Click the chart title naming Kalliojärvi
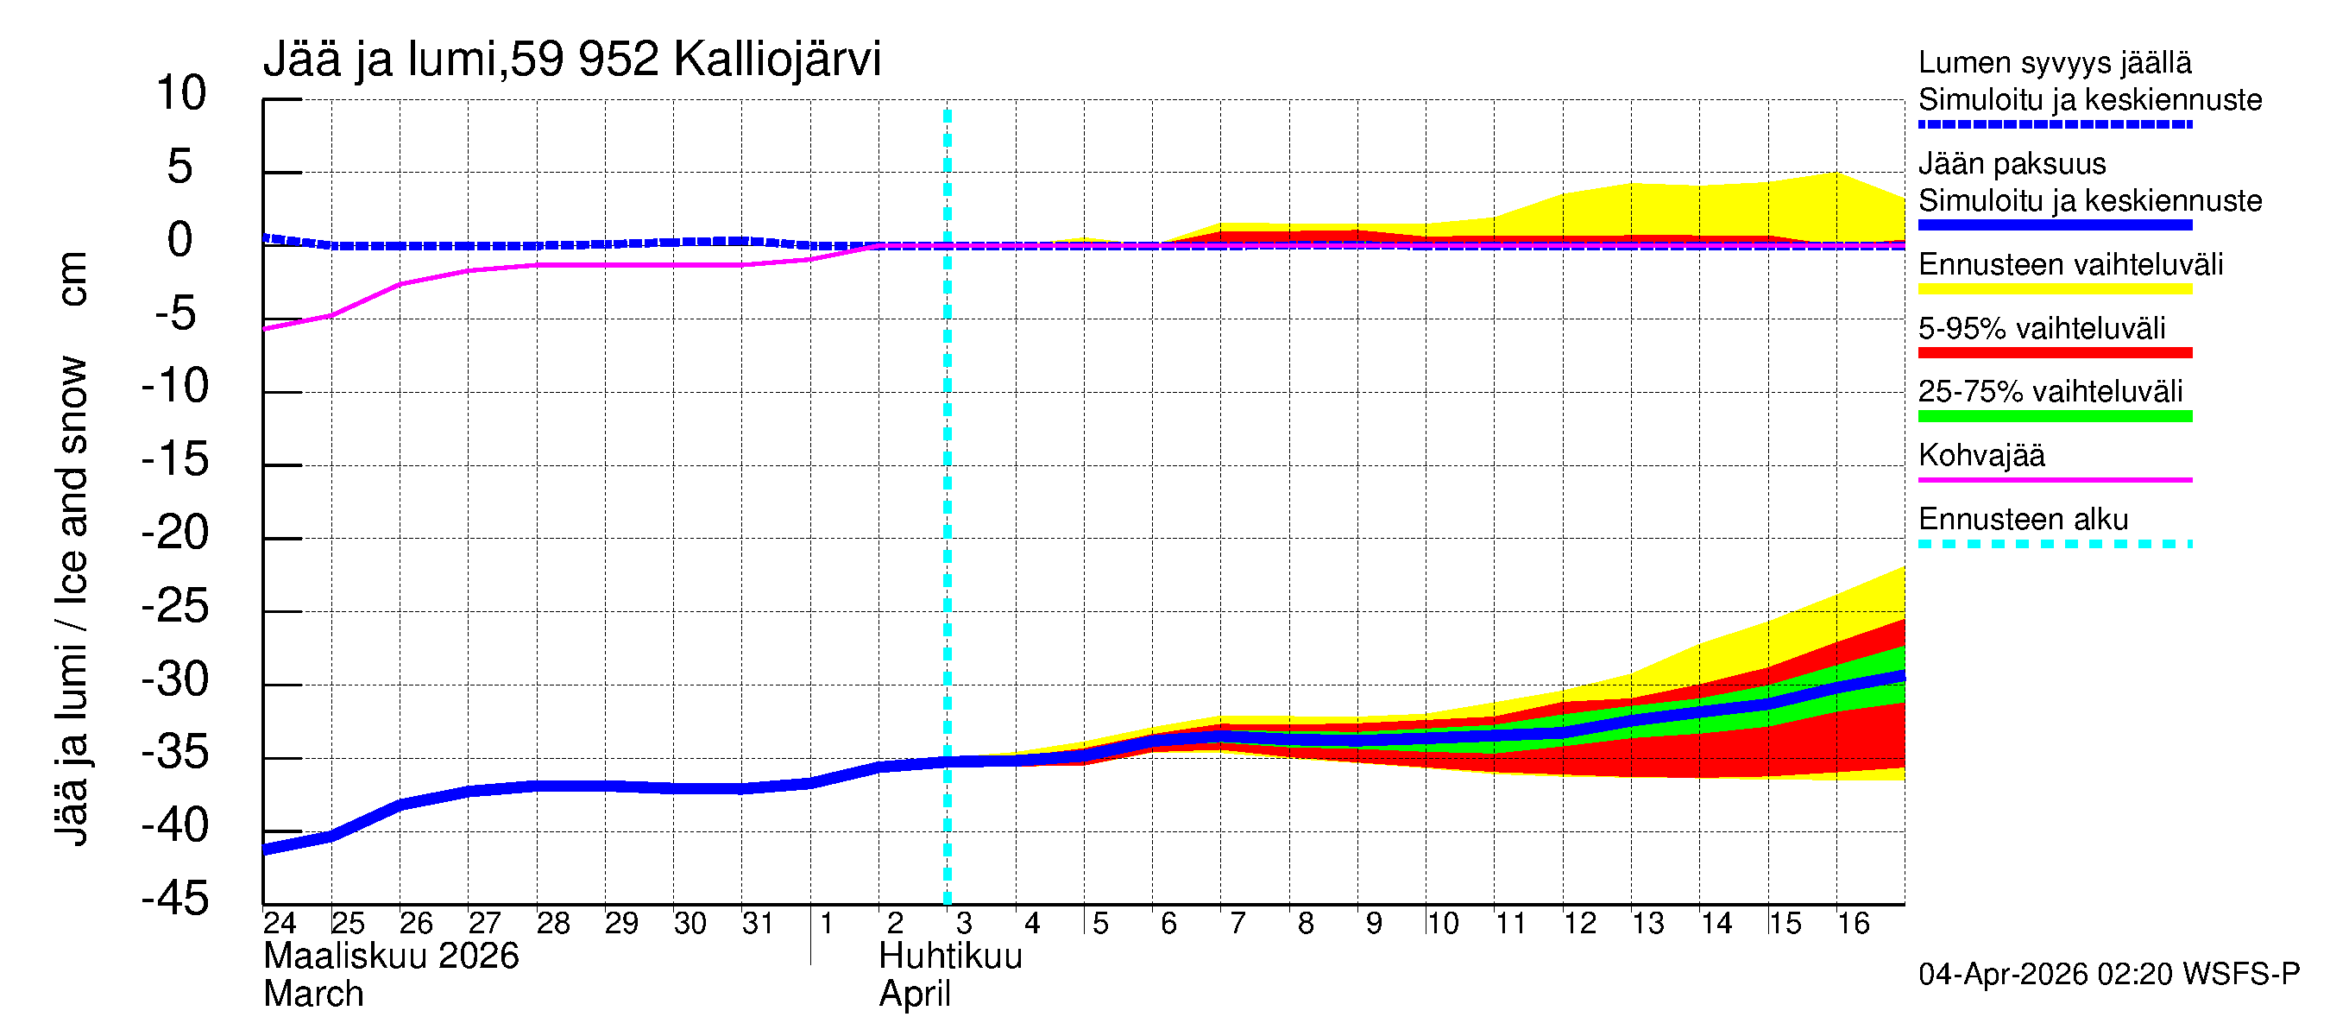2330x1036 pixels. click(x=570, y=60)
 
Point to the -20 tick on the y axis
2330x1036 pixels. click(x=175, y=533)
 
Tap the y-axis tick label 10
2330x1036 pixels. click(x=181, y=93)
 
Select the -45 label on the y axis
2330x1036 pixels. click(x=175, y=900)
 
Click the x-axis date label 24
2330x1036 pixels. click(x=280, y=923)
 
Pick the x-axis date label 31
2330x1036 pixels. click(x=758, y=923)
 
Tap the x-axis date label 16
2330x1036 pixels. click(x=1853, y=923)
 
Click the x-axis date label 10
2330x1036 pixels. click(x=1442, y=923)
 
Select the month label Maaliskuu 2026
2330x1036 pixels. click(x=391, y=957)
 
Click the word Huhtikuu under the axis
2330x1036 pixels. click(x=950, y=957)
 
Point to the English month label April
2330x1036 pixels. click(x=915, y=995)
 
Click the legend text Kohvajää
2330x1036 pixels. click(x=1980, y=455)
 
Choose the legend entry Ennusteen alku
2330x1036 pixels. click(x=2023, y=520)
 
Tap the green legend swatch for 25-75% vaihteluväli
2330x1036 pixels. click(x=2054, y=416)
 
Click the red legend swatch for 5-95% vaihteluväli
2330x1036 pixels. click(x=2054, y=353)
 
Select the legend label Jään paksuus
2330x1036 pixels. click(x=2012, y=164)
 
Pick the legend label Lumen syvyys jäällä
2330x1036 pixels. click(x=2054, y=62)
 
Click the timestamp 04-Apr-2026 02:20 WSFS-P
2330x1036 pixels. click(x=2108, y=975)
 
